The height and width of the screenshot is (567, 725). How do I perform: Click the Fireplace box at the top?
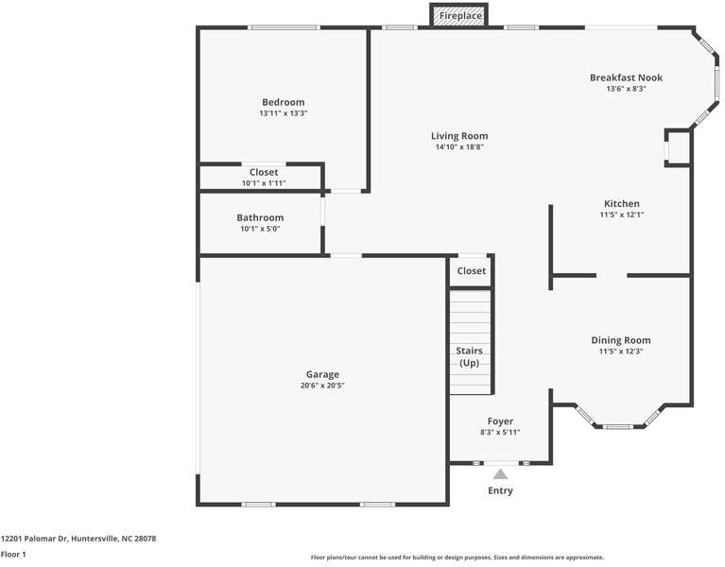coord(459,15)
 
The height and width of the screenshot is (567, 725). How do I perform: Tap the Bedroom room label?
coord(283,102)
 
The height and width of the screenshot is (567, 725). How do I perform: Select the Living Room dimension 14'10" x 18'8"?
coord(459,147)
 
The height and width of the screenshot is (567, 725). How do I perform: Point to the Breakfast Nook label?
coord(626,77)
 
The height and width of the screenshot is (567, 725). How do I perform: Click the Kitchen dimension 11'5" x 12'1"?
coord(622,215)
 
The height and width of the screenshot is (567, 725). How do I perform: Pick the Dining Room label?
coord(620,340)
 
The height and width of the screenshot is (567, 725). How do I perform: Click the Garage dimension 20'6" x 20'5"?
coord(322,386)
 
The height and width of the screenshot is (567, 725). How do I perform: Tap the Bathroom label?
coord(260,217)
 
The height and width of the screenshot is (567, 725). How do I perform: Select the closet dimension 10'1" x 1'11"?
coord(264,183)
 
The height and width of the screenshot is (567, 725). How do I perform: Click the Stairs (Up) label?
coord(469,357)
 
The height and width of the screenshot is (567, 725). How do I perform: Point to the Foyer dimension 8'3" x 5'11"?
coord(500,433)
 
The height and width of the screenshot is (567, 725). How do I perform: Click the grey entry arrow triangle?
coord(500,474)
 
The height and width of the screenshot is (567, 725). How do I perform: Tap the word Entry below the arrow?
coord(500,490)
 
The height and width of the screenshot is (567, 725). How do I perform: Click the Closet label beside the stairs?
coord(471,271)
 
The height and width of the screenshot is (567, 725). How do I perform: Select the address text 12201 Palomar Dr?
coord(35,539)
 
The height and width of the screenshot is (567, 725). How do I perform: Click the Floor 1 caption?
coord(13,554)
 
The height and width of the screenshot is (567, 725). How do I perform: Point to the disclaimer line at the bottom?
coord(457,558)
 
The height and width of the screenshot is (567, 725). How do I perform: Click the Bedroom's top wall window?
coord(284,27)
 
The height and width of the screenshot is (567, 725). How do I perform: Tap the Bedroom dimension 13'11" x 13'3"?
coord(283,113)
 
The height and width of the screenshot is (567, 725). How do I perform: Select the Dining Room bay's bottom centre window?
coord(618,426)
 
